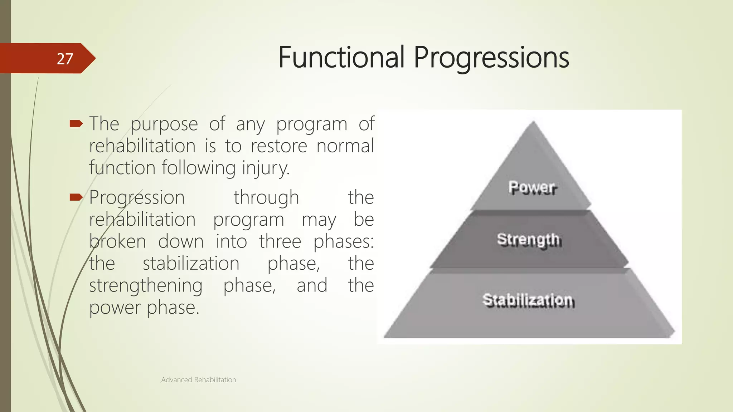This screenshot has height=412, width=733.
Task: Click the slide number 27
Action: click(65, 59)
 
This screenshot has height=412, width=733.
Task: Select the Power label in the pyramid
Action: click(533, 187)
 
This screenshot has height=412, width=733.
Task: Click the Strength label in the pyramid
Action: click(529, 240)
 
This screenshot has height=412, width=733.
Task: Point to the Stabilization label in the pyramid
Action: click(528, 300)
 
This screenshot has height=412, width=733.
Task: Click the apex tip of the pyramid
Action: click(533, 122)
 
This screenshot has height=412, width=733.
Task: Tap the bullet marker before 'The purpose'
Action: click(76, 124)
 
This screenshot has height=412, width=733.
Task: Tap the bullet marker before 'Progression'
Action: click(76, 197)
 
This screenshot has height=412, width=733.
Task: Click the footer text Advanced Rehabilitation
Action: click(198, 380)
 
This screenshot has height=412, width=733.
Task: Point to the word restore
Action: click(279, 146)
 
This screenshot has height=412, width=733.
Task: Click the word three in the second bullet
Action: click(280, 241)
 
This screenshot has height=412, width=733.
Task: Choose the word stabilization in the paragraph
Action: click(191, 264)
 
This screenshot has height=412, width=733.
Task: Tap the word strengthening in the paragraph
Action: click(146, 286)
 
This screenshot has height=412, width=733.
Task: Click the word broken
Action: click(117, 241)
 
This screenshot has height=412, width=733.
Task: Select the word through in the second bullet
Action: click(266, 197)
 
